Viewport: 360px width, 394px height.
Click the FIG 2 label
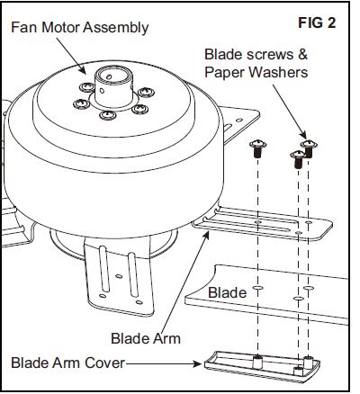(x=317, y=22)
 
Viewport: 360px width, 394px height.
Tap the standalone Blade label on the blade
(x=227, y=293)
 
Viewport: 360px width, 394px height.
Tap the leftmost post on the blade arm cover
(x=256, y=362)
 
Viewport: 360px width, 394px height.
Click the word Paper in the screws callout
(x=225, y=71)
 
